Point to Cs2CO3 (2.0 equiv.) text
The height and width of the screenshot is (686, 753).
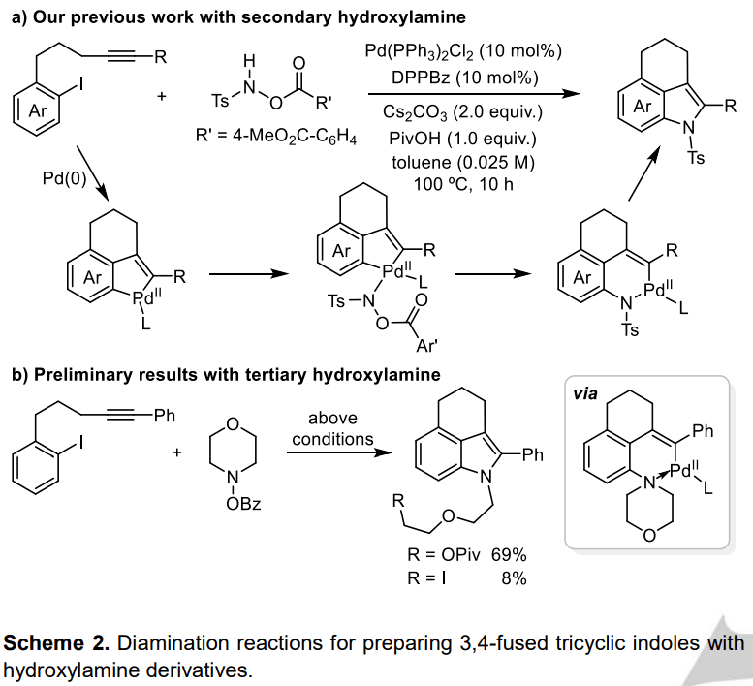click(463, 114)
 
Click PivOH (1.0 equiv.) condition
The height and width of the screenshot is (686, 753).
click(463, 139)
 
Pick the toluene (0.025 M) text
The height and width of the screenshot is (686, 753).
click(463, 162)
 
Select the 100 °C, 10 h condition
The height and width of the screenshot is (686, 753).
click(463, 185)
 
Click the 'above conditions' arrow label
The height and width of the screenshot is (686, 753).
click(332, 428)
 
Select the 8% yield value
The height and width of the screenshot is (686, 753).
click(514, 578)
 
